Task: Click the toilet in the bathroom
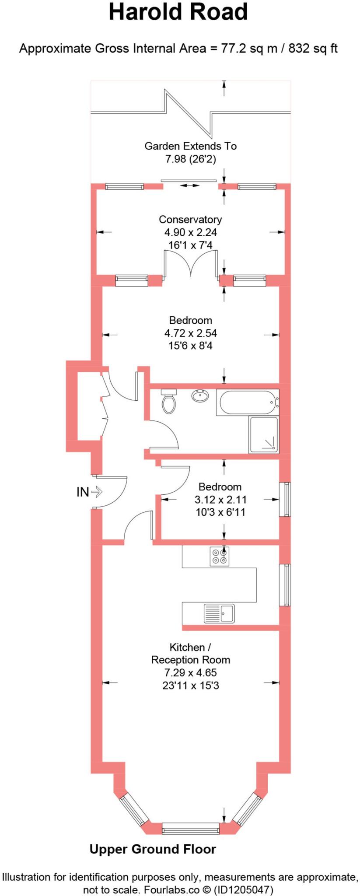[168, 401]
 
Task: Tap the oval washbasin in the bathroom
[200, 396]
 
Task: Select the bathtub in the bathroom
[247, 402]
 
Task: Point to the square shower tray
[263, 434]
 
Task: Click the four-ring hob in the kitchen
[219, 556]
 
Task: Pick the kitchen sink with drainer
[219, 613]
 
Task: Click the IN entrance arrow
[89, 492]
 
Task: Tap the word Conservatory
[190, 219]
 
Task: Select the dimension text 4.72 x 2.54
[190, 333]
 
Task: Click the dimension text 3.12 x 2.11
[220, 499]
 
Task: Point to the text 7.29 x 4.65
[190, 672]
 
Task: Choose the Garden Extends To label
[190, 146]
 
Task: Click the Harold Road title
[178, 12]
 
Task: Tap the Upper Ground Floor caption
[153, 849]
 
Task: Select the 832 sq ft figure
[313, 48]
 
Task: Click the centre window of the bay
[190, 828]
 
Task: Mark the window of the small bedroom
[285, 499]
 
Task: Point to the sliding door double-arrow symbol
[189, 185]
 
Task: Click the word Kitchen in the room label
[187, 647]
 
